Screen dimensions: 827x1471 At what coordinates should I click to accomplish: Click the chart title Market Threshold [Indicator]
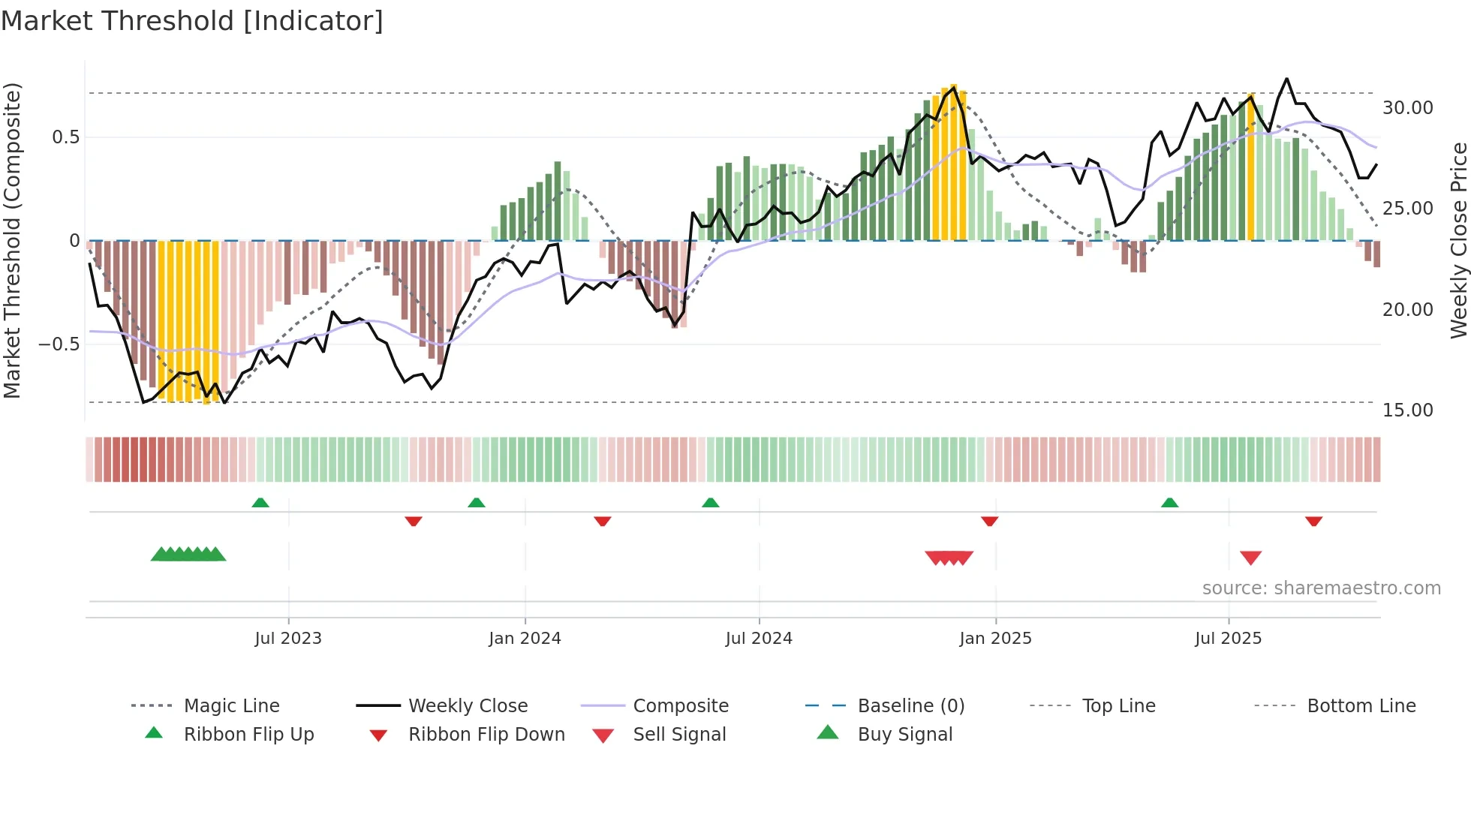coord(192,21)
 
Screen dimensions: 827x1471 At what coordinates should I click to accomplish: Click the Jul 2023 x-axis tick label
coord(288,639)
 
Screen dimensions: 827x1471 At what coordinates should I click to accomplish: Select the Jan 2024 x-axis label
coord(525,639)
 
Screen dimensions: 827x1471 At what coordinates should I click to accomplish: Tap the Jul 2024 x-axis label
coord(759,639)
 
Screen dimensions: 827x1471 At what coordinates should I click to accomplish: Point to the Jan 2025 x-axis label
coord(995,639)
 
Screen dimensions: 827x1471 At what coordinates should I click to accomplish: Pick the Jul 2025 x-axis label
coord(1229,639)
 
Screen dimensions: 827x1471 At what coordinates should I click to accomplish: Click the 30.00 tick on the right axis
coord(1407,108)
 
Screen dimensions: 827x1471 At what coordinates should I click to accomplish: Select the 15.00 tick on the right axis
coord(1407,410)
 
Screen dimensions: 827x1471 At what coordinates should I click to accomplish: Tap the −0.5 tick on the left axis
coord(59,344)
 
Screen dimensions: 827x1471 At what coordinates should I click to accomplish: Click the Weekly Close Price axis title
coord(1458,240)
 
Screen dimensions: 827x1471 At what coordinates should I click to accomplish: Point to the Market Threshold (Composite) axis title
coord(12,240)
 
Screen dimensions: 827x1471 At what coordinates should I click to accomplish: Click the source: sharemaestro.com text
coord(1321,588)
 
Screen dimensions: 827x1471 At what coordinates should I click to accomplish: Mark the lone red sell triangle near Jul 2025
coord(1250,558)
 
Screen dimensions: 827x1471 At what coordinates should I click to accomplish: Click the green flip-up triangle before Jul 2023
coord(260,502)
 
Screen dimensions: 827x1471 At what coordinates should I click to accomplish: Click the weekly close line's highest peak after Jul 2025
coord(1286,79)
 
